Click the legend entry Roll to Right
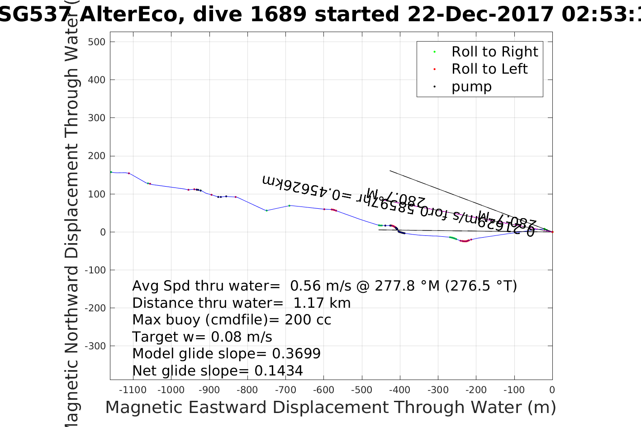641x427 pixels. click(494, 52)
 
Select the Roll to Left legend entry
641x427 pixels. click(489, 69)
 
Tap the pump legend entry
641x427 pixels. click(471, 86)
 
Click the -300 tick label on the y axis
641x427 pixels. click(96, 346)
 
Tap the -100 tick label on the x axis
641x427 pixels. click(514, 390)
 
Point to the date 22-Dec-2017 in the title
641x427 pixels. click(481, 14)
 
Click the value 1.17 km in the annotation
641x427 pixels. click(322, 303)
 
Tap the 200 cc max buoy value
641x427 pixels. click(308, 320)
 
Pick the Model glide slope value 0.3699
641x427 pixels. click(296, 354)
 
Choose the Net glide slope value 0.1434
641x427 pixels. click(279, 371)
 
